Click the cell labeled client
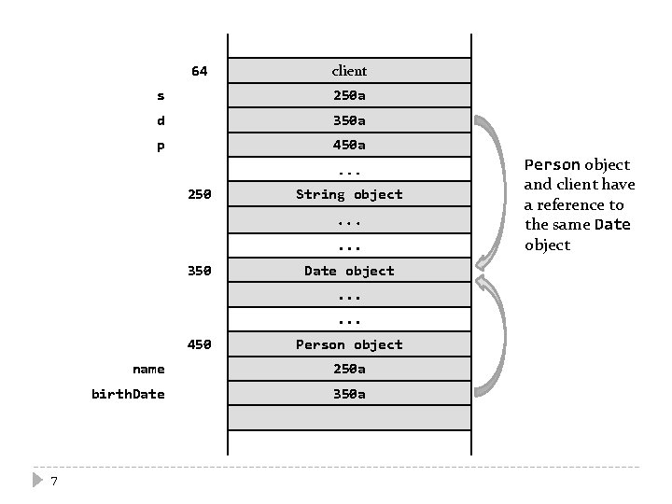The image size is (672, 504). (349, 71)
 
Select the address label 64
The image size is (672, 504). (200, 71)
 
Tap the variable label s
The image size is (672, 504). (161, 95)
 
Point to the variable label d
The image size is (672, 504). (161, 120)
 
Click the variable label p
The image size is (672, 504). (161, 145)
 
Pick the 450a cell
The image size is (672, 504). (349, 145)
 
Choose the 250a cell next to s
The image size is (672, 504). (349, 95)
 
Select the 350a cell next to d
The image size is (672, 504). (349, 120)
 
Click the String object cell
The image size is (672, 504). (349, 194)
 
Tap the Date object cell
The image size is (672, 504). (349, 271)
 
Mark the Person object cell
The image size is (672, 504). (349, 344)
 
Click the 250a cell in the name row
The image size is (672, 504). (349, 369)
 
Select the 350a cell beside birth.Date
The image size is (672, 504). (349, 394)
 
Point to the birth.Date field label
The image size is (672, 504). (128, 394)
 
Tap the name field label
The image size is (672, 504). (148, 369)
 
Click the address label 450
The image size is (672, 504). (200, 344)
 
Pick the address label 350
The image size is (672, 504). (200, 271)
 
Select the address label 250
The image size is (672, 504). (200, 194)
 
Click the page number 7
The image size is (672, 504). (55, 481)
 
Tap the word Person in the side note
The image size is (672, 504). (552, 164)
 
